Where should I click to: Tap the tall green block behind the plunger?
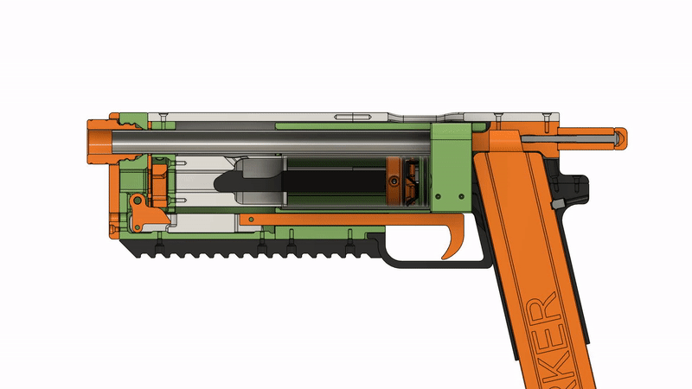(x=450, y=169)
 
